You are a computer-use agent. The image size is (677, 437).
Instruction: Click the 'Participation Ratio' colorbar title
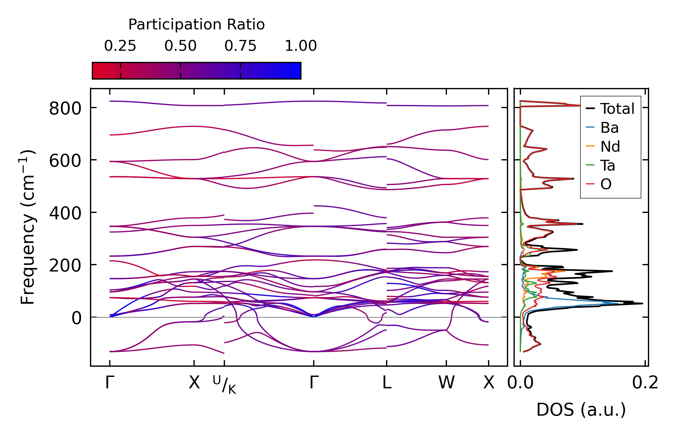click(196, 25)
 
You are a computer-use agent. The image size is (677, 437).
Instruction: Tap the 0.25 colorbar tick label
click(120, 46)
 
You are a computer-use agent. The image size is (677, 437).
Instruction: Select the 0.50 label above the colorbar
click(180, 46)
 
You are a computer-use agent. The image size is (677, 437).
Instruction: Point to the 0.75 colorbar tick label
click(240, 46)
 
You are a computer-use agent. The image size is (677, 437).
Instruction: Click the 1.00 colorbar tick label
click(301, 46)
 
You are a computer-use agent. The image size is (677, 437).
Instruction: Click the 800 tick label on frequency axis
click(65, 108)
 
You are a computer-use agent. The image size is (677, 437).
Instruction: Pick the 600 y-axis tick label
click(65, 161)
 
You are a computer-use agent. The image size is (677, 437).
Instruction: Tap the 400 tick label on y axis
click(65, 213)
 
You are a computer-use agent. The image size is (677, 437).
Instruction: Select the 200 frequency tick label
click(65, 266)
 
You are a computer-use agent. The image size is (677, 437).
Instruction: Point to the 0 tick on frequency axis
click(76, 318)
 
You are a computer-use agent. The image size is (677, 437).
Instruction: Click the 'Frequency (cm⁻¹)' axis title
click(28, 227)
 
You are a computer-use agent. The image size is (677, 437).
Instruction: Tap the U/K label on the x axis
click(224, 384)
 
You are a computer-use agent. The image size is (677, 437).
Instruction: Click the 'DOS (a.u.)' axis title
click(581, 410)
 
